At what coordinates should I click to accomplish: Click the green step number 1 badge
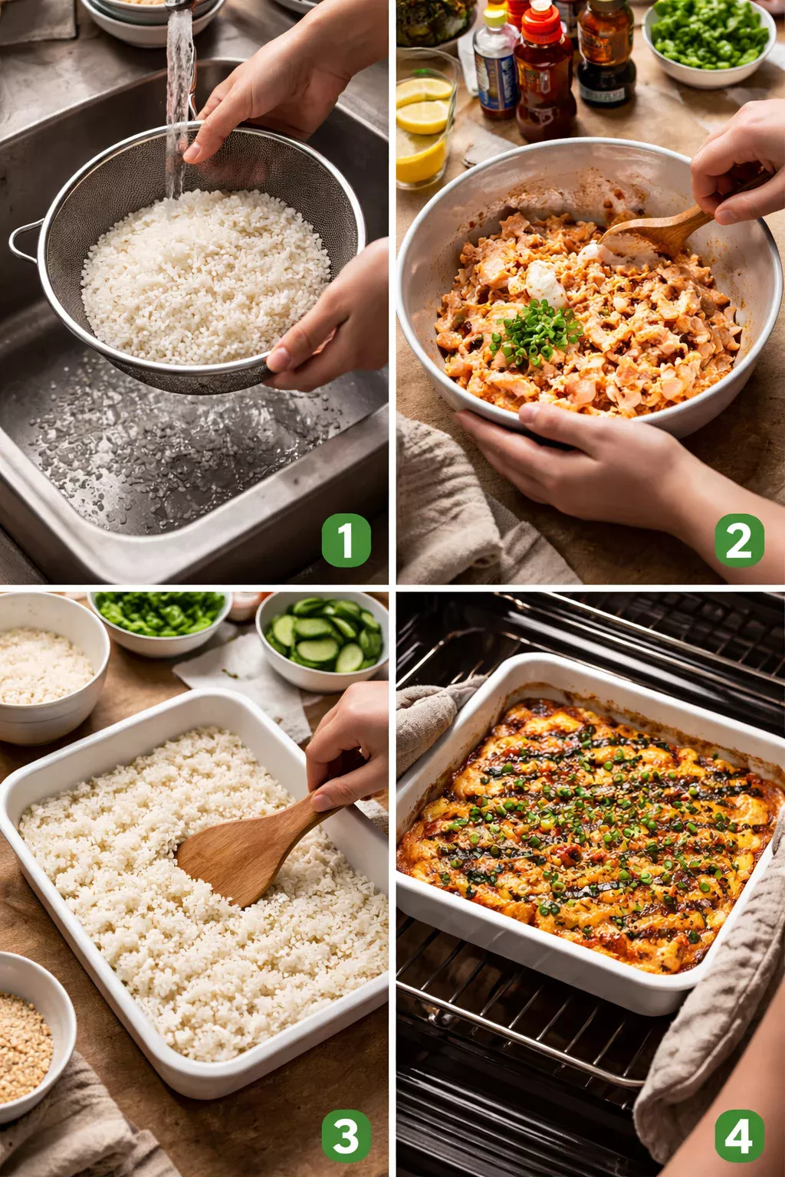(x=346, y=540)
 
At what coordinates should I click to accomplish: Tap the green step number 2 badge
(x=739, y=540)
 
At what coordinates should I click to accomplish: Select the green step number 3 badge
(x=346, y=1135)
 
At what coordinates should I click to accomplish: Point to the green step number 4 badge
(x=739, y=1135)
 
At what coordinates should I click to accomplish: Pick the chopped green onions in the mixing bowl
(x=537, y=333)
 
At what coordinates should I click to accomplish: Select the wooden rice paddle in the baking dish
(x=245, y=851)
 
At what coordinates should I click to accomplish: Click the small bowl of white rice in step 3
(x=46, y=667)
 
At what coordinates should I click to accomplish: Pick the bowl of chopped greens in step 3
(x=161, y=617)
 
